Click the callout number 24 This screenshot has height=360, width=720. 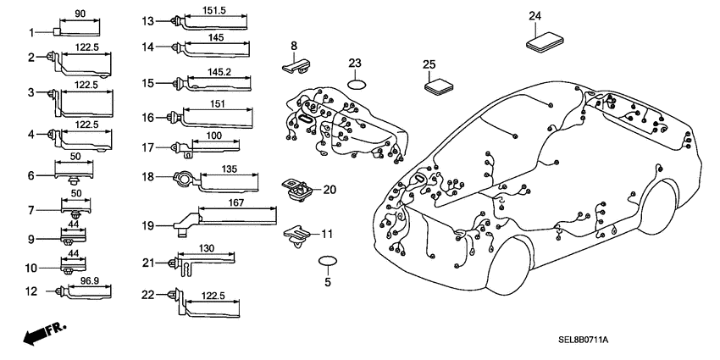[x=534, y=16]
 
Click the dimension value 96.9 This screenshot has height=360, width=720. [x=90, y=280]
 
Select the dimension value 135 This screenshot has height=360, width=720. [x=230, y=169]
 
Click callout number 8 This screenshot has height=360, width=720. [x=294, y=45]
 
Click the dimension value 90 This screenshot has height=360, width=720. [x=80, y=14]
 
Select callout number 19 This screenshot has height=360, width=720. [x=148, y=226]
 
